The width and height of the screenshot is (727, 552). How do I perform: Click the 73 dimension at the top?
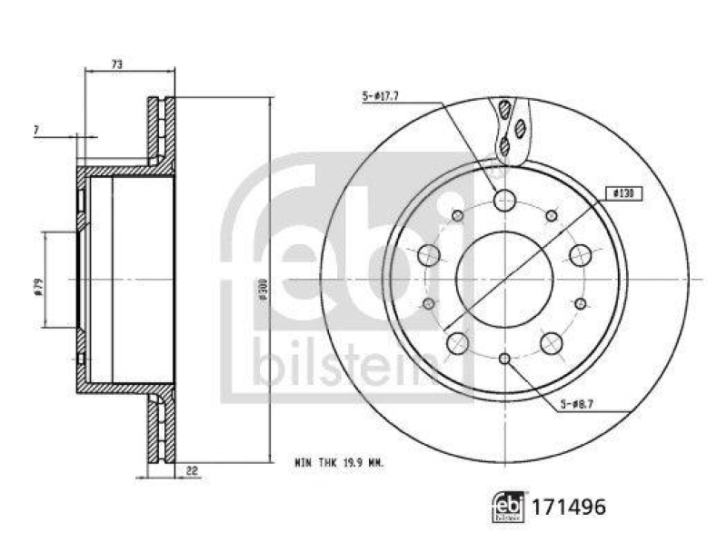[x=117, y=64]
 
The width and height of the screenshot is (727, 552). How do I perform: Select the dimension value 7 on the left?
[x=35, y=132]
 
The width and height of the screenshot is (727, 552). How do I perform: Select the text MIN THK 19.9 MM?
[x=340, y=462]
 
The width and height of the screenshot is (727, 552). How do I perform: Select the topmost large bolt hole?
[x=504, y=200]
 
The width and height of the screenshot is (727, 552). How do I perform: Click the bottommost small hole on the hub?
[x=504, y=359]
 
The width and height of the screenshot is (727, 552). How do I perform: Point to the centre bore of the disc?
[x=504, y=279]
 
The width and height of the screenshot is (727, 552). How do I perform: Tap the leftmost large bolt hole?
[x=429, y=255]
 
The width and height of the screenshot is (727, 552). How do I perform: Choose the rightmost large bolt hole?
[x=580, y=255]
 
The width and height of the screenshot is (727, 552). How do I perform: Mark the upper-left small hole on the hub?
[x=457, y=215]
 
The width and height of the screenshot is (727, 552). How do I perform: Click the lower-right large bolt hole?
[x=551, y=342]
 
